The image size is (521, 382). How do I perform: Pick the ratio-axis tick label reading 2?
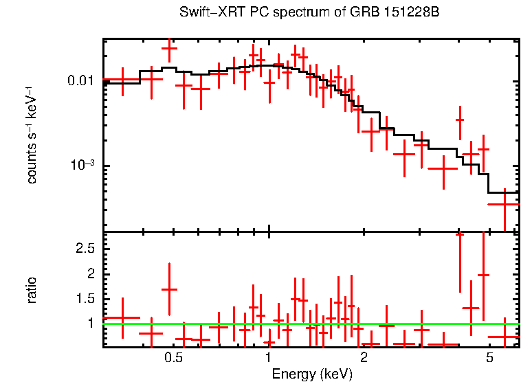tap(91, 273)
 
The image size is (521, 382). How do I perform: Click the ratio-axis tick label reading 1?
tap(91, 323)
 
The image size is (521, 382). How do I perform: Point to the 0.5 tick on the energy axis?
tap(173, 359)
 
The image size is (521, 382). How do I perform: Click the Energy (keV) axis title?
tap(312, 374)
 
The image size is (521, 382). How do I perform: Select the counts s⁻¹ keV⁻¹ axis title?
tap(31, 135)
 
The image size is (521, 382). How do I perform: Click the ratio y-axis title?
tap(31, 290)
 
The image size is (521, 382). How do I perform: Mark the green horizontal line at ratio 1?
tap(412, 323)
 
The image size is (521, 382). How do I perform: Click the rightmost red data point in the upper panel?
tap(505, 204)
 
